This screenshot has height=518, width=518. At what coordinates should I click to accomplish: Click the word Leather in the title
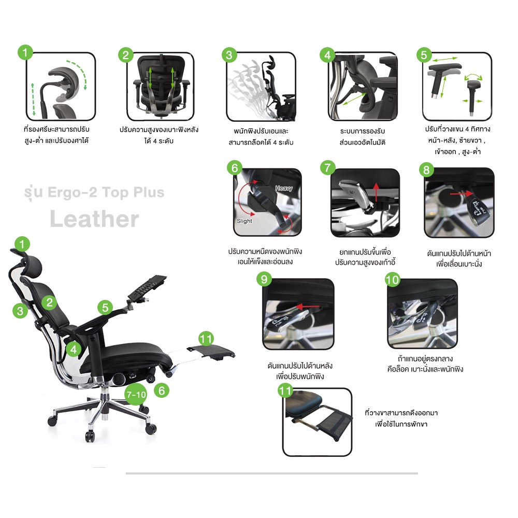pos(94,219)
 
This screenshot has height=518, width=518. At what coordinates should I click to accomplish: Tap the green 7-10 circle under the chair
pos(136,394)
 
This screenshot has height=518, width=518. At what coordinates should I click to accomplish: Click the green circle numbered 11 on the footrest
pos(206,339)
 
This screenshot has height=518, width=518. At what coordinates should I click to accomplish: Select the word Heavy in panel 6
pos(284,189)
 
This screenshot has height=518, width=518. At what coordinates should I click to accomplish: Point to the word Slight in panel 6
pos(244,221)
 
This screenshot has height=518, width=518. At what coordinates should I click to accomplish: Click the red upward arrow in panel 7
pos(376,192)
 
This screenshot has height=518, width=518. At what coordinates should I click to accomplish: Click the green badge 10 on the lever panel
pos(393,280)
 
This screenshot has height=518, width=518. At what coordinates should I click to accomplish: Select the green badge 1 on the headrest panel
pos(25,52)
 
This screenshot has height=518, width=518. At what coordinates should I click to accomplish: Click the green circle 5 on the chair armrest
pos(105,308)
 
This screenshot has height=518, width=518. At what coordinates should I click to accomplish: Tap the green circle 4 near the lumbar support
pos(74,350)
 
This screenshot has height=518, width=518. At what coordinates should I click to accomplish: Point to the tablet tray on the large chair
pos(147,289)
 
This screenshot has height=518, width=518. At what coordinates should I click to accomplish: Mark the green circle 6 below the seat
pos(162,391)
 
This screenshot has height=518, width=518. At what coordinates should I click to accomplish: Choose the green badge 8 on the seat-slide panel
pos(426,170)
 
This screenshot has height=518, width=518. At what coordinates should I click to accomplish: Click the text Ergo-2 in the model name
pos(73,192)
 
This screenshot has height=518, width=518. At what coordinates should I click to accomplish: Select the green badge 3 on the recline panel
pos(229,55)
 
